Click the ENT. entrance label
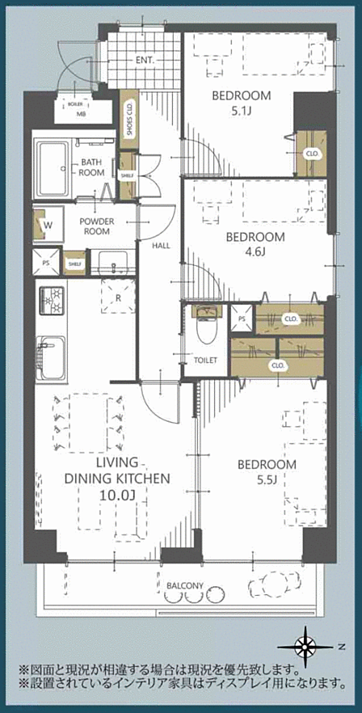[145, 60]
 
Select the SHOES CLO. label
[129, 118]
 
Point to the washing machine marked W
[48, 225]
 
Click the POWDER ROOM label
[97, 226]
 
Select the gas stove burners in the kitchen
[53, 301]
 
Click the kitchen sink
[52, 358]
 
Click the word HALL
[161, 246]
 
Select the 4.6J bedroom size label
[255, 252]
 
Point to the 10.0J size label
[117, 494]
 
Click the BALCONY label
[184, 585]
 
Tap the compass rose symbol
[305, 645]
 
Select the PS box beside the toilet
[242, 319]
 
